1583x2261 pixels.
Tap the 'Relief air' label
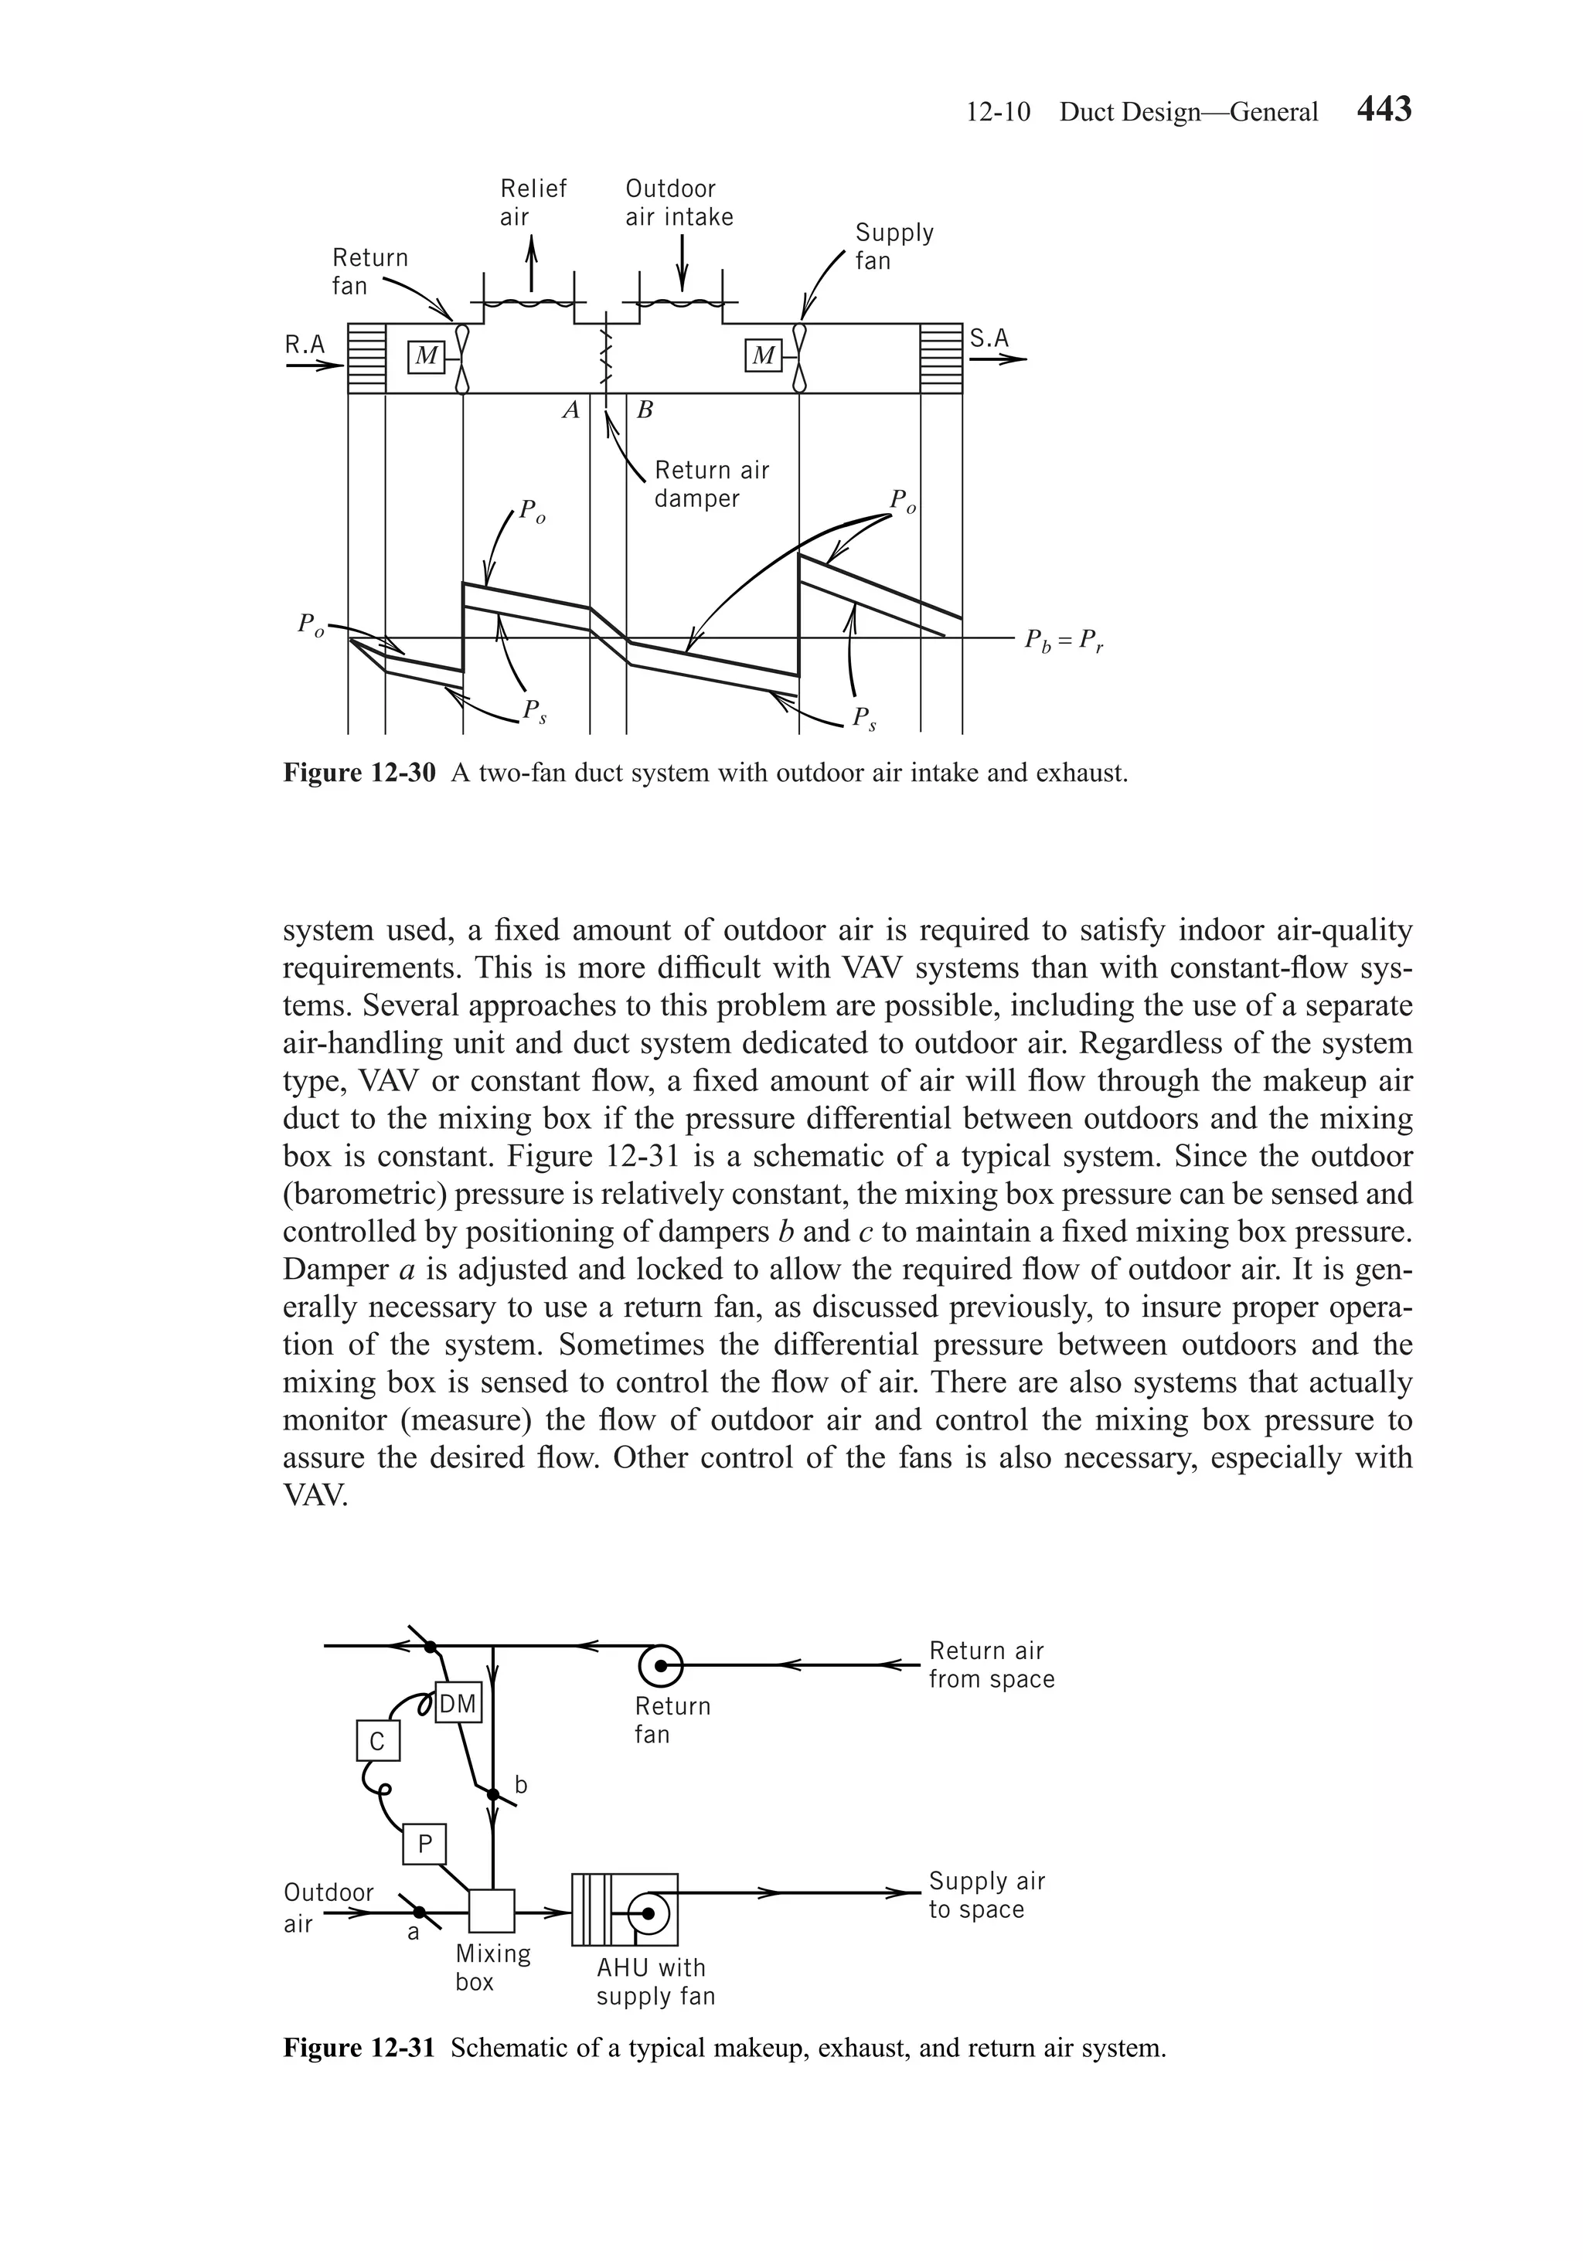pos(533,202)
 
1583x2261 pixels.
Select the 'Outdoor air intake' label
pos(679,202)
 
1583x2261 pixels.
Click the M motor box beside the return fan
pos(426,356)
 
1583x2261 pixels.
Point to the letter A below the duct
pos(570,410)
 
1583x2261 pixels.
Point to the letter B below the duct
pos(645,410)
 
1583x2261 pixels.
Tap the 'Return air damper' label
pos(711,484)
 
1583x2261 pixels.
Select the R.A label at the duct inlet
pos(305,344)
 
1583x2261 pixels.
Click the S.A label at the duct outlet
pos(989,338)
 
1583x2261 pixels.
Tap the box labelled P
pos(424,1844)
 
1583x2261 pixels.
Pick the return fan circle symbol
pos(661,1665)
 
